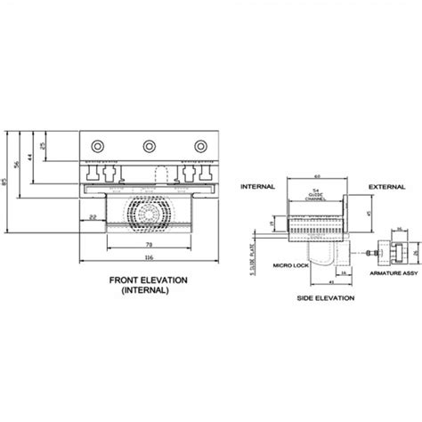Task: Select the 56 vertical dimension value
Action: pos(19,166)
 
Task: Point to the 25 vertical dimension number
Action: pos(43,146)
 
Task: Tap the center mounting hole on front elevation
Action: pos(147,144)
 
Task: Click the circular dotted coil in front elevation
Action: pos(147,214)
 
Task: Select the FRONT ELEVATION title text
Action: pos(148,281)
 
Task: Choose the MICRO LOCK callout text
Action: pos(290,264)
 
